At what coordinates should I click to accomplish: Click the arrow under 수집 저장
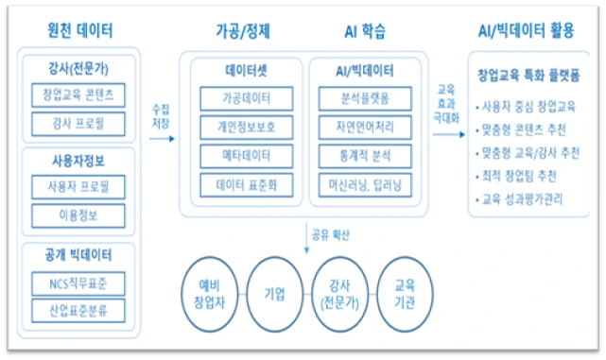click(x=163, y=138)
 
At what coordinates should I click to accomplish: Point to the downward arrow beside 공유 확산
click(x=306, y=234)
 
